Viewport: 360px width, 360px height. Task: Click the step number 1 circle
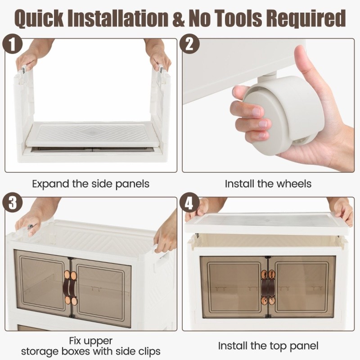(x=13, y=44)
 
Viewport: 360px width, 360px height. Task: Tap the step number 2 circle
(x=189, y=44)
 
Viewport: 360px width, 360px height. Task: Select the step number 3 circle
(x=13, y=202)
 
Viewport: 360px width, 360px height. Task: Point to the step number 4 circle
(x=189, y=202)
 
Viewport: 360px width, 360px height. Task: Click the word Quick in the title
(x=39, y=18)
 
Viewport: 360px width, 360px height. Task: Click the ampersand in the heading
(x=177, y=18)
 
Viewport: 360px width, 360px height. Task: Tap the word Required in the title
(x=307, y=18)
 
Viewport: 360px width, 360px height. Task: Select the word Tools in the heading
(x=238, y=18)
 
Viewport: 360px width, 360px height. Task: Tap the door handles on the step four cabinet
(x=268, y=287)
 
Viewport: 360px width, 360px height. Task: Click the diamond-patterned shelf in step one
(x=92, y=134)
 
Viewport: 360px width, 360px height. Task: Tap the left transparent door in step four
(x=234, y=287)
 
